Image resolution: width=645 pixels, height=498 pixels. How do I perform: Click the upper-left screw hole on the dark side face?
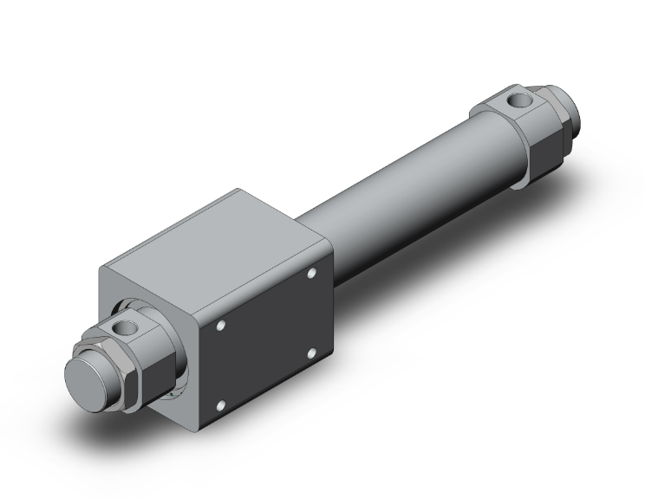click(222, 327)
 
